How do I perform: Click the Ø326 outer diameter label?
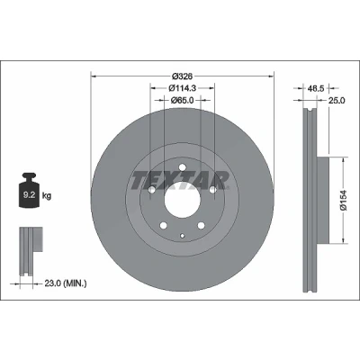pyautogui.click(x=183, y=76)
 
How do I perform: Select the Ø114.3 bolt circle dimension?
pyautogui.click(x=183, y=88)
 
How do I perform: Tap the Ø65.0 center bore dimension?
pyautogui.click(x=183, y=100)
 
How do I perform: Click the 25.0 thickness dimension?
pyautogui.click(x=337, y=101)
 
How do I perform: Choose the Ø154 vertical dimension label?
pyautogui.click(x=344, y=200)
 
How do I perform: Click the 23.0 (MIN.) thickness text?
pyautogui.click(x=66, y=283)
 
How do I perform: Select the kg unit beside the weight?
pyautogui.click(x=47, y=196)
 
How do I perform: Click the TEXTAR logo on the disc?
pyautogui.click(x=180, y=181)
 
